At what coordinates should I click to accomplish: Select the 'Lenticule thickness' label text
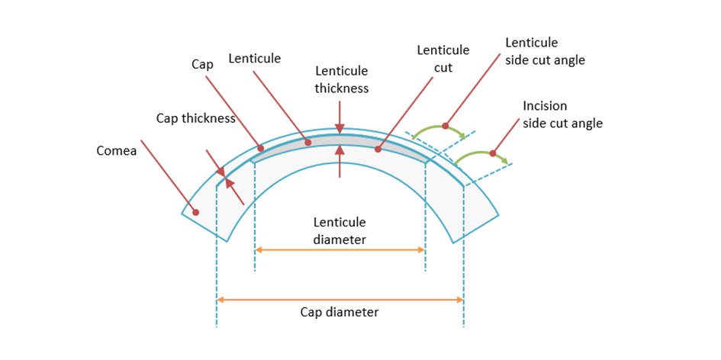point(341,79)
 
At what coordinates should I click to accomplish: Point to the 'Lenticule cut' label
point(443,58)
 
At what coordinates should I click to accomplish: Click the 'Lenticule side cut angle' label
point(545,50)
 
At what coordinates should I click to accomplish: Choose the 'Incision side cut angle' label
point(562,114)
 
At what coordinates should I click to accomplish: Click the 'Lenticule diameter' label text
point(340,230)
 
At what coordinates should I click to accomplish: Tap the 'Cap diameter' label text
point(340,312)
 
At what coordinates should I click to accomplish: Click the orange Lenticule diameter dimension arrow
point(340,249)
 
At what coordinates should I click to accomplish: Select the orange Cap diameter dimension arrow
point(340,300)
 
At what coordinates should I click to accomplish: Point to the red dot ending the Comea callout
point(196,212)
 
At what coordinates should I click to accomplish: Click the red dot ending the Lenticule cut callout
point(378,149)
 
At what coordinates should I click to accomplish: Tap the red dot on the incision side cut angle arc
point(493,154)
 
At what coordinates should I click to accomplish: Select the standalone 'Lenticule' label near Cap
point(254,58)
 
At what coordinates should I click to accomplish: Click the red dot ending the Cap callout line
point(261,149)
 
